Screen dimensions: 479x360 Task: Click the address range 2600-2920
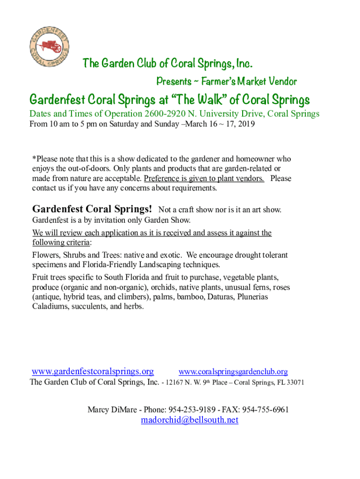pyautogui.click(x=166, y=114)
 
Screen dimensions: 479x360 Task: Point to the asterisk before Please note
pyautogui.click(x=34, y=159)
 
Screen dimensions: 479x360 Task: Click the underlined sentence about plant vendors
pyautogui.click(x=204, y=178)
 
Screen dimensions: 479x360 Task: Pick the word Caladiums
pyautogui.click(x=50, y=307)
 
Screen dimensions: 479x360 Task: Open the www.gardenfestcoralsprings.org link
pyautogui.click(x=93, y=371)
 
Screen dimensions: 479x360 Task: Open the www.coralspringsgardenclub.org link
pyautogui.click(x=233, y=372)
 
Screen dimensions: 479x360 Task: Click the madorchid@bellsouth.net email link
pyautogui.click(x=189, y=420)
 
